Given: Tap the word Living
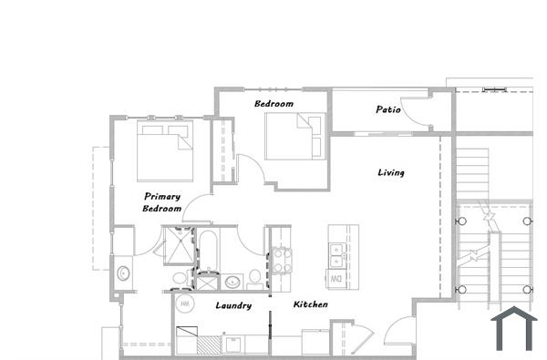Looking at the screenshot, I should click(391, 172).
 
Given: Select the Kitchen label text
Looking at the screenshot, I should click(311, 304).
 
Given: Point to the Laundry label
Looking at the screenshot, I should click(233, 305).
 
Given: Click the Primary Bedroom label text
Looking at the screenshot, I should click(162, 202).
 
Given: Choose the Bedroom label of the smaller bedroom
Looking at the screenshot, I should click(273, 104).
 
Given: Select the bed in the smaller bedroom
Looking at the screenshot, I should click(295, 135).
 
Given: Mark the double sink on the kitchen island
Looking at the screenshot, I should click(335, 248).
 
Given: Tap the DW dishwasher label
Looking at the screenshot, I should click(335, 277).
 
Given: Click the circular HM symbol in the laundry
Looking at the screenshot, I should click(185, 303).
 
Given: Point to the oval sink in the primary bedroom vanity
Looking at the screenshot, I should click(122, 272).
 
